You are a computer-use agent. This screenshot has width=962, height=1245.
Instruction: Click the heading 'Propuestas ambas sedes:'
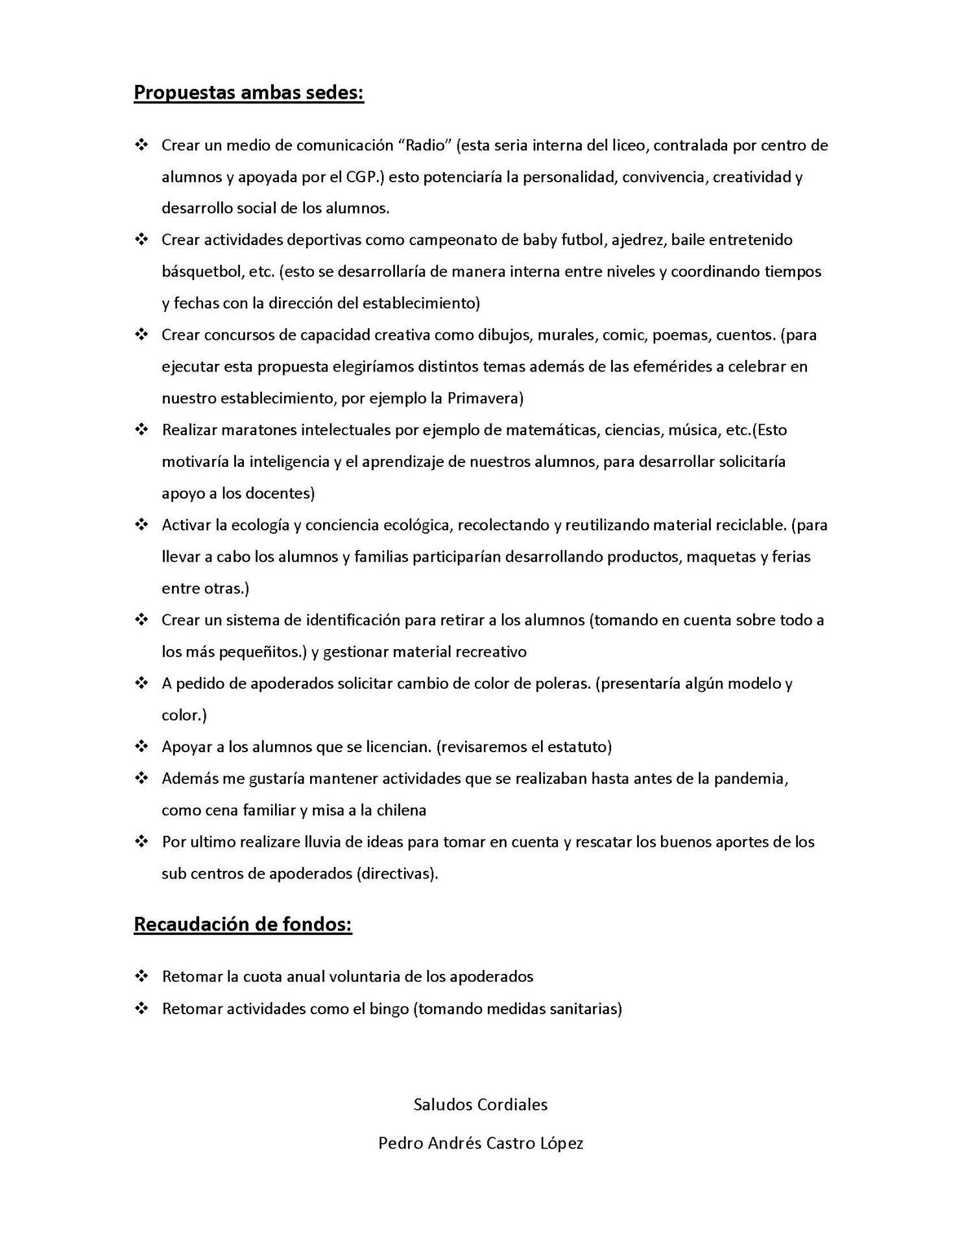[x=248, y=93]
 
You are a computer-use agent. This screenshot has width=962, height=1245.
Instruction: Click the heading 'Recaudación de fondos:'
[x=243, y=924]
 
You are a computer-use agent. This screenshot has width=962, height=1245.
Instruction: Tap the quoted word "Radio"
[x=424, y=145]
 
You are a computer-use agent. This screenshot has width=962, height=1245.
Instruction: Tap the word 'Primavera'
[x=483, y=398]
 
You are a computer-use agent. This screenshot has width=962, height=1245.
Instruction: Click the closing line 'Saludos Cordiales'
[x=481, y=1104]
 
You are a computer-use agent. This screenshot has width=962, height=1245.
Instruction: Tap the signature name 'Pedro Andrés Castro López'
[x=481, y=1143]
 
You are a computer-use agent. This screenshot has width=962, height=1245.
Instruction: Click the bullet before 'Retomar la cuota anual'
[x=141, y=976]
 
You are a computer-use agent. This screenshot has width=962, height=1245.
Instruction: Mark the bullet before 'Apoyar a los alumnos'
[x=141, y=746]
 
